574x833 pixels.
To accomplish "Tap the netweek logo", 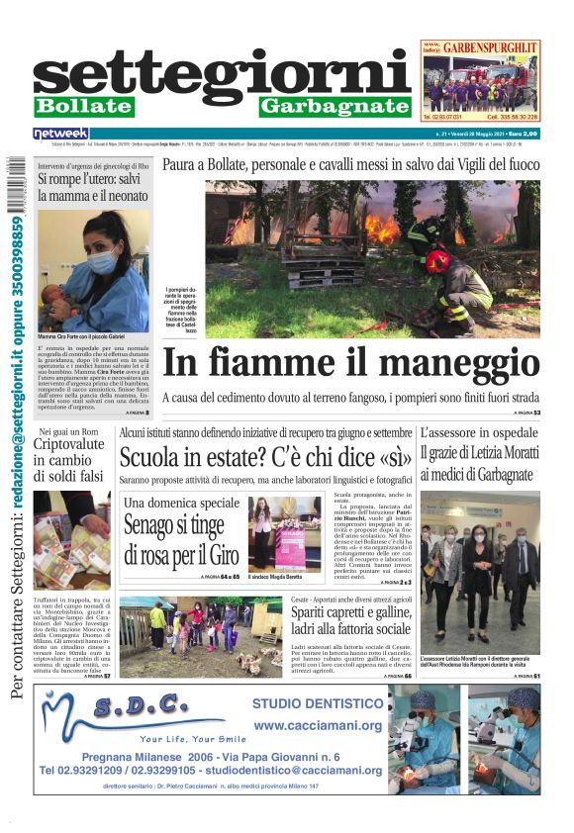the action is (61, 133).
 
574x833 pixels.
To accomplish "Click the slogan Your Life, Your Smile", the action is (194, 738).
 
